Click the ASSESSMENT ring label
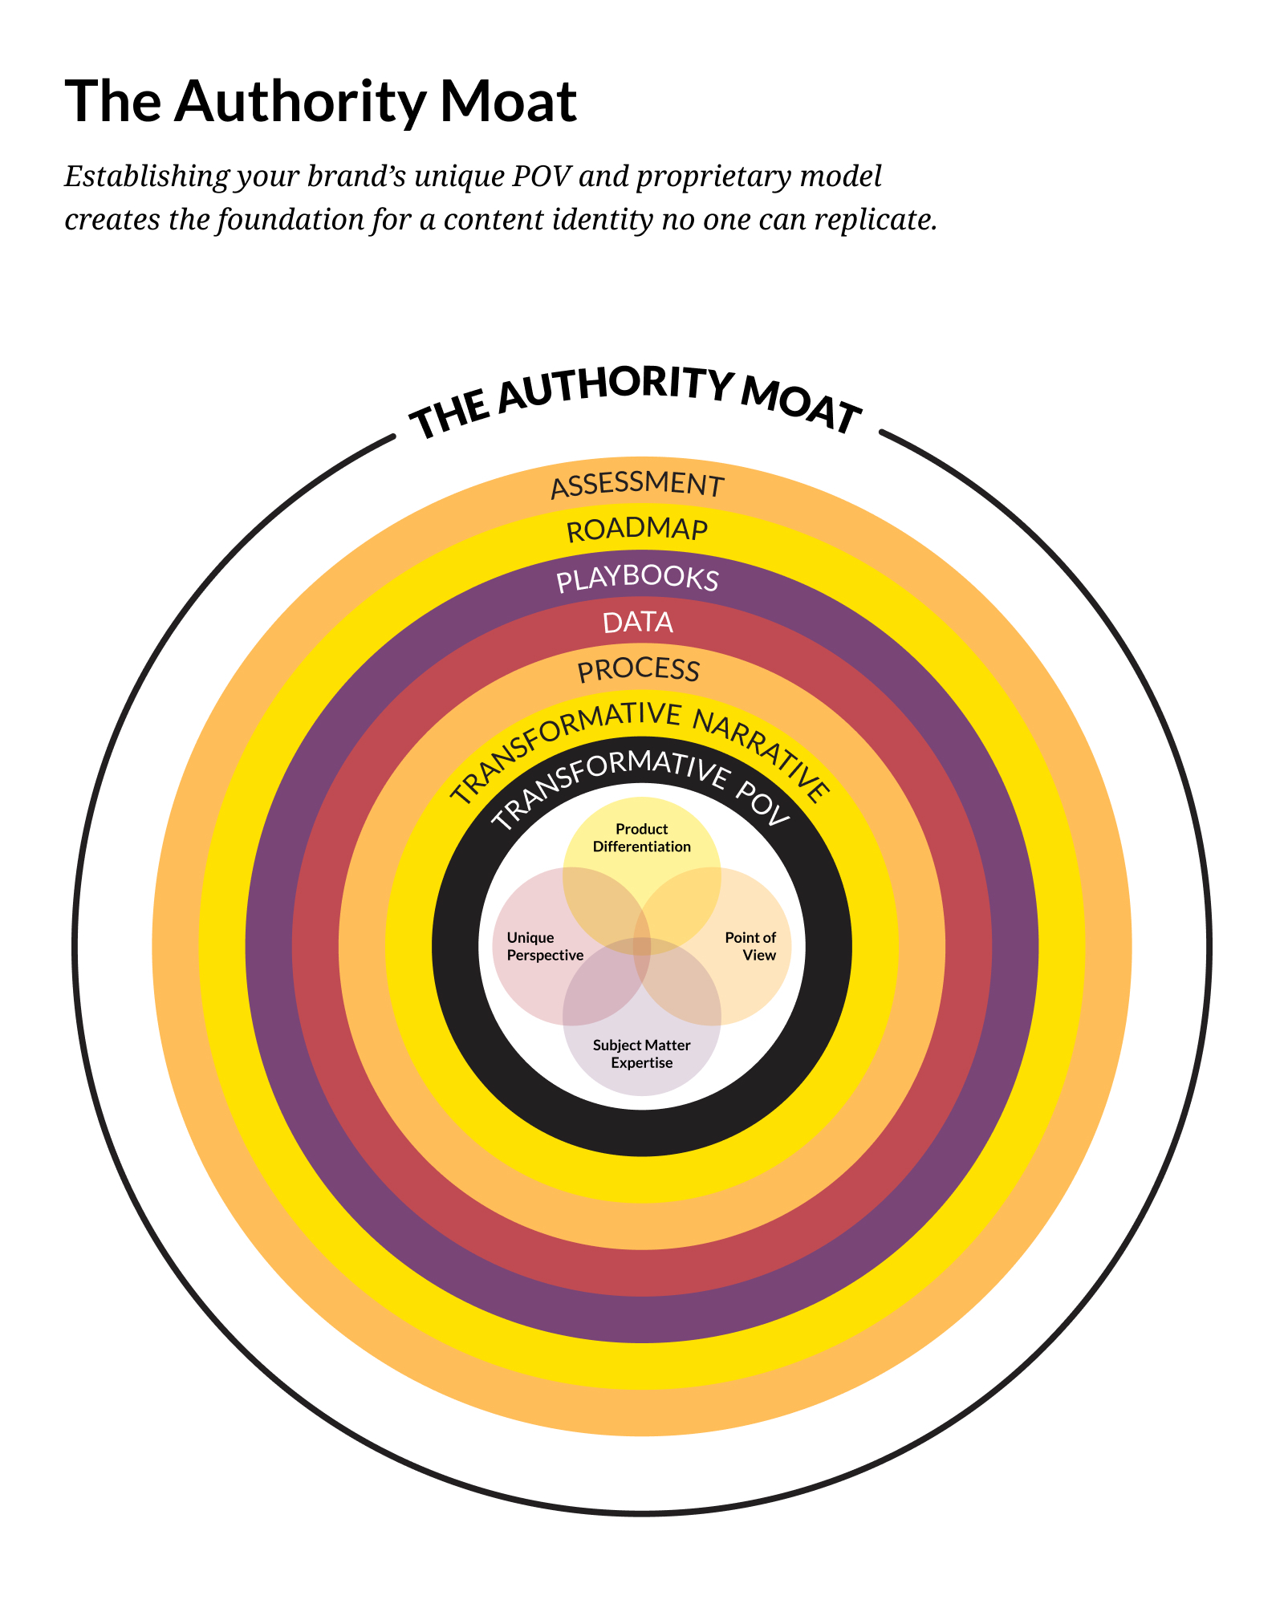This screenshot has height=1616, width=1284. click(637, 485)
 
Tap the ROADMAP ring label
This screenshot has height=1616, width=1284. click(637, 530)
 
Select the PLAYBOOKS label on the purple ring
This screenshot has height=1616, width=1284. click(637, 579)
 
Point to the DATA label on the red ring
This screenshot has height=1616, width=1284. click(638, 623)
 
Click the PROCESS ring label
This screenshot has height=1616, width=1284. click(639, 670)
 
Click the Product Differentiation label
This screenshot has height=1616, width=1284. click(641, 838)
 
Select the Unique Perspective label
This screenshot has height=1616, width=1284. click(545, 946)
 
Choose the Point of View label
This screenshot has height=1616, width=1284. click(751, 946)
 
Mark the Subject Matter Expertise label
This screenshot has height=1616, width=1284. click(641, 1054)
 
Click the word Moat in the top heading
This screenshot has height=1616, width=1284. click(508, 102)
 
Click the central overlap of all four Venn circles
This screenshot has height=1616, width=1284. click(642, 947)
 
